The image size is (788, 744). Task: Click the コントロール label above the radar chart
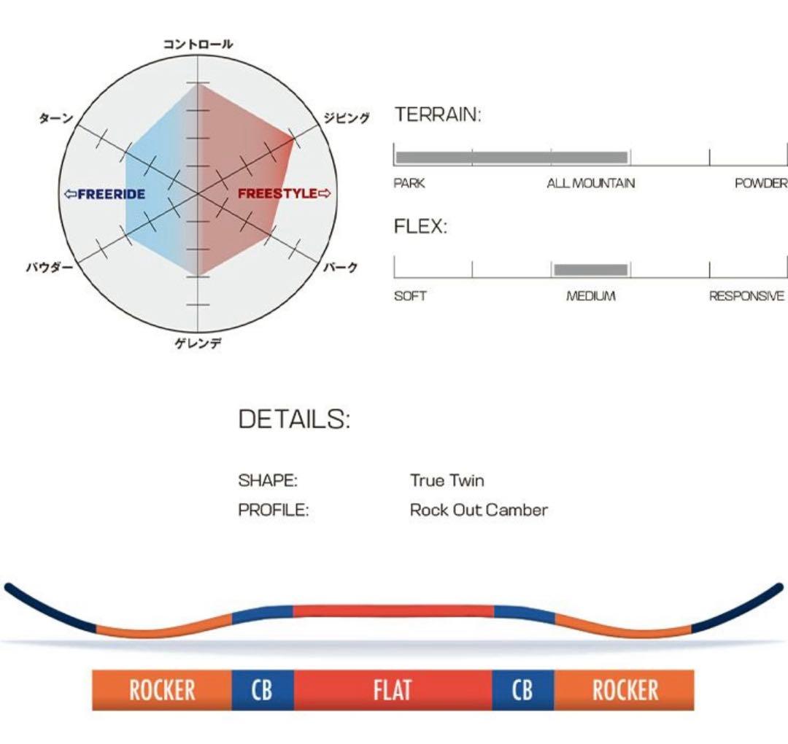tap(198, 44)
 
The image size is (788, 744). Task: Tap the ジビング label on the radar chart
tap(347, 118)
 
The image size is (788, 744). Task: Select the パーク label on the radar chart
tap(341, 268)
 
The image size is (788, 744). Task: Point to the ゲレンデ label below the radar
tap(198, 343)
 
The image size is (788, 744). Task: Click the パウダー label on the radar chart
tap(50, 268)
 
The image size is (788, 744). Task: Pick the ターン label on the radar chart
tap(55, 118)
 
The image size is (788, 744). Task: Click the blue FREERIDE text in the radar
tap(105, 194)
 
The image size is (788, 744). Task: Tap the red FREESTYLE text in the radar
tap(285, 194)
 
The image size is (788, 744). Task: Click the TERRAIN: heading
tap(438, 115)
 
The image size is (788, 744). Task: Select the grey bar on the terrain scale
tap(511, 157)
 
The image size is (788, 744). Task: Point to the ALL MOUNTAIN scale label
tap(591, 184)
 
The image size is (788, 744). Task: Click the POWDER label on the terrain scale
tap(761, 184)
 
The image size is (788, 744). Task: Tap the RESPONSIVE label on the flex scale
tap(747, 296)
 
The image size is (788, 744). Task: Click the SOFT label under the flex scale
tap(410, 296)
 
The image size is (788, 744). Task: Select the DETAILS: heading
tap(294, 419)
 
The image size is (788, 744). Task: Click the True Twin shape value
tap(447, 481)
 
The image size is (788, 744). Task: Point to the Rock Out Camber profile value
tap(479, 510)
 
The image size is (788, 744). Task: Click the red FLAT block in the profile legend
tap(393, 690)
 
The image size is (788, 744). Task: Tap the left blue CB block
tap(262, 690)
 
